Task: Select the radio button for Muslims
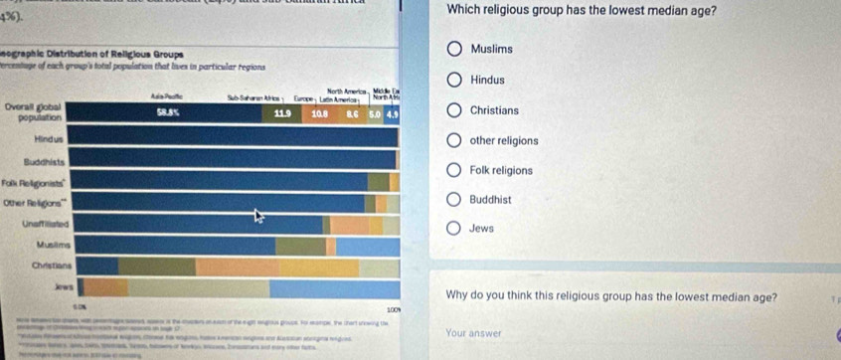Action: click(454, 50)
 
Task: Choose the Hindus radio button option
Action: click(454, 80)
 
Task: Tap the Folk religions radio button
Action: click(454, 170)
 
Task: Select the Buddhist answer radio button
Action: click(454, 200)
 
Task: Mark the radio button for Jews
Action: click(454, 230)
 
